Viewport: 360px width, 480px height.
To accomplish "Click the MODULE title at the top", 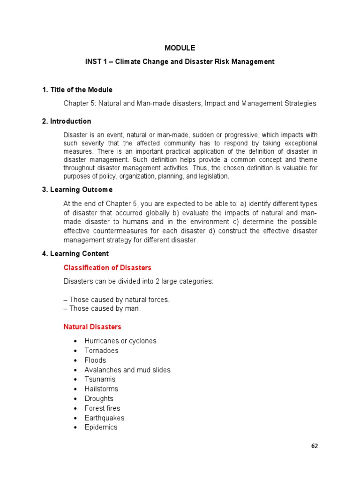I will (x=180, y=48).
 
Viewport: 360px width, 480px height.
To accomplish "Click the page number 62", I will (x=315, y=446).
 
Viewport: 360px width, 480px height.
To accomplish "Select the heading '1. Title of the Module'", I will (x=77, y=90).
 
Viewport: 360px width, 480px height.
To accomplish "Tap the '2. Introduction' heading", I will (x=66, y=121).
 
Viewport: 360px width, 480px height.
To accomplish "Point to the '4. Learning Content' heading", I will (x=75, y=254).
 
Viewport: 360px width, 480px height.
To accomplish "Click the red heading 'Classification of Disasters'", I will (x=107, y=268).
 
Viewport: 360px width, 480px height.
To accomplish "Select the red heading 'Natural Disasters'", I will (x=92, y=327).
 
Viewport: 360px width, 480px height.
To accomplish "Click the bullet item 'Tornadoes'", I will (x=101, y=351).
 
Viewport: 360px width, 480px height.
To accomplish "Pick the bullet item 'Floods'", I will (x=95, y=360).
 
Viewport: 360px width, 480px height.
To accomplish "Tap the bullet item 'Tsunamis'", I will (x=100, y=379).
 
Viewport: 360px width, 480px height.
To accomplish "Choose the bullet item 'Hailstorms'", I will (x=101, y=389).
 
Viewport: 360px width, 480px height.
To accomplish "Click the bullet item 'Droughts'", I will (x=99, y=398).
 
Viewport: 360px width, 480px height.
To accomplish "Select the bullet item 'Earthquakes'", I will (x=104, y=418).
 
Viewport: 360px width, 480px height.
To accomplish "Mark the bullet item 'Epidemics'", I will (x=101, y=427).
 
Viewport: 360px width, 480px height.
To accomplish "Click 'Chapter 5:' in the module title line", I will (x=78, y=103).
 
